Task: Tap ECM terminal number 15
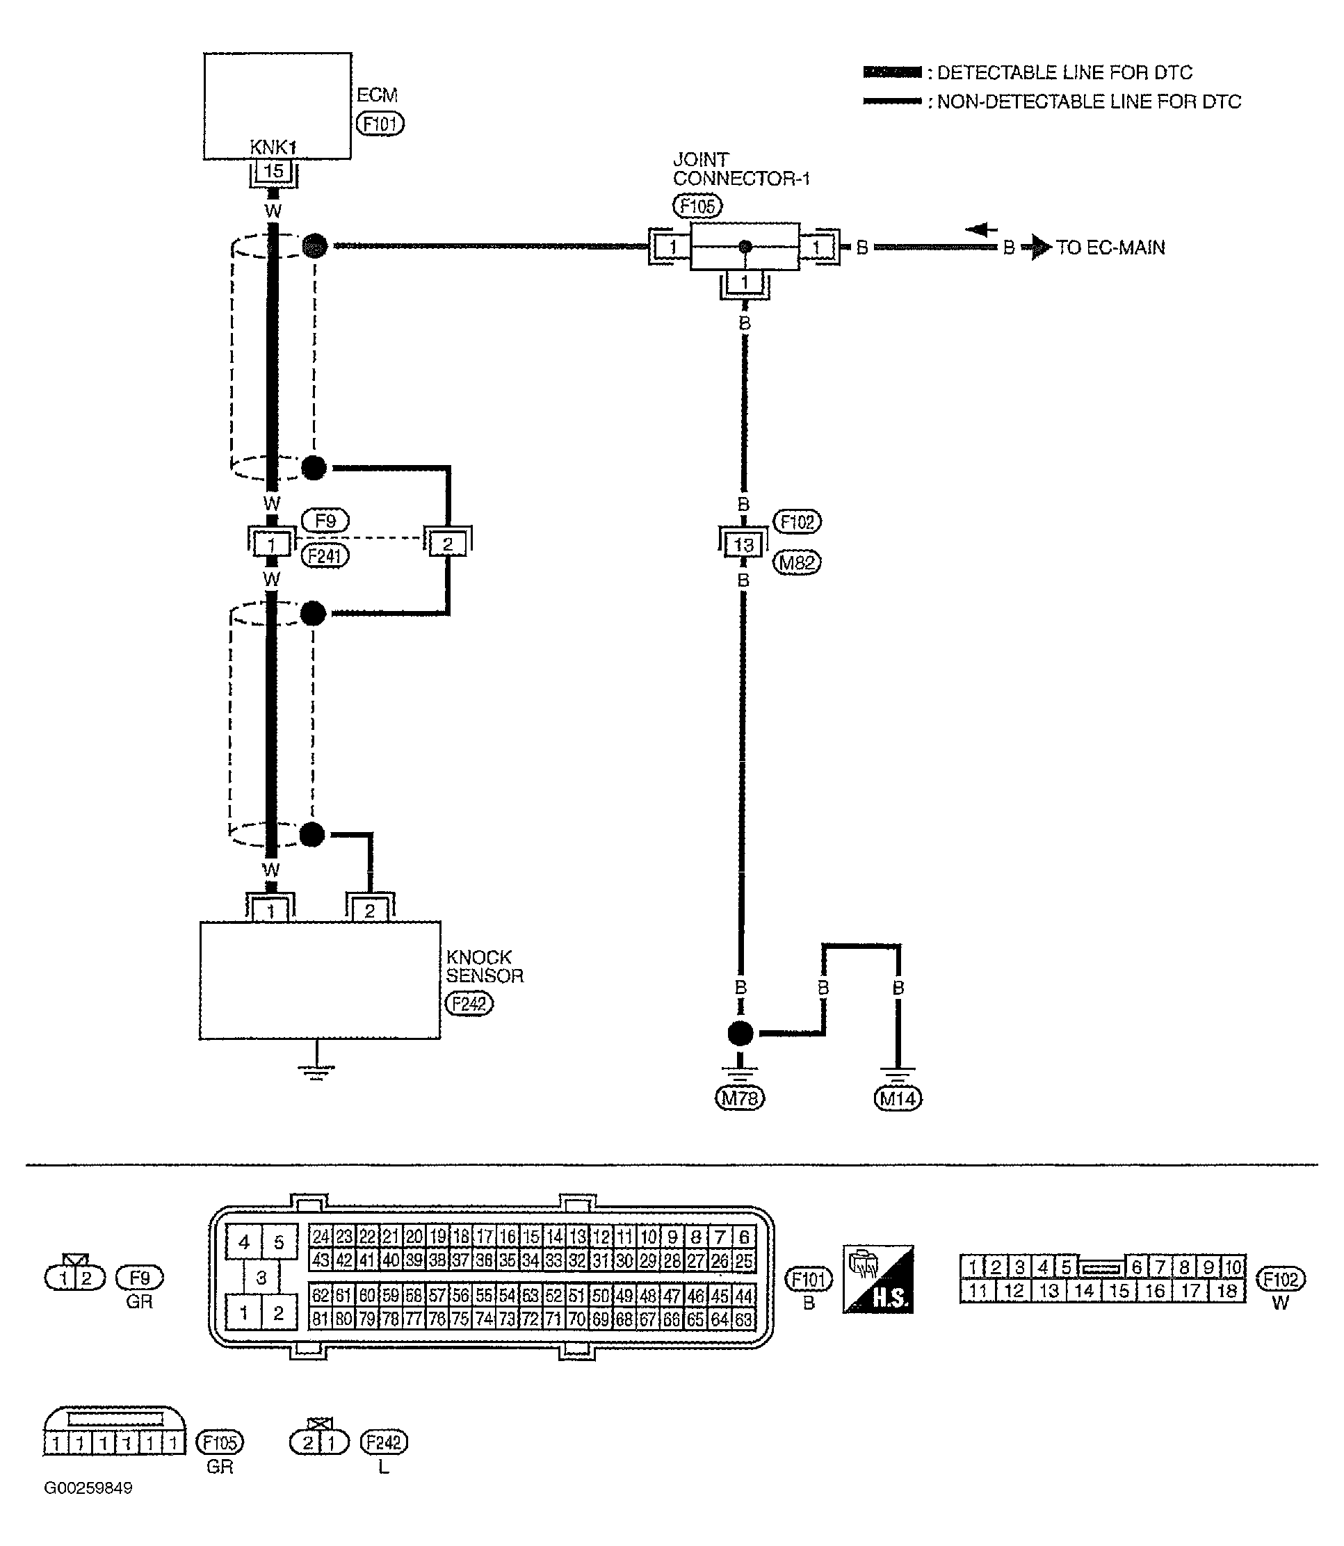click(x=273, y=171)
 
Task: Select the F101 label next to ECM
click(x=380, y=124)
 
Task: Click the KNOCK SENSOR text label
click(x=484, y=966)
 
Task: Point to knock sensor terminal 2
click(x=370, y=911)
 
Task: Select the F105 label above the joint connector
click(x=697, y=206)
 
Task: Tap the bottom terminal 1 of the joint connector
click(x=744, y=284)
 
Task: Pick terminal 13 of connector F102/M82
click(x=743, y=544)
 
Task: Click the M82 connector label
click(x=797, y=562)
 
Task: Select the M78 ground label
click(x=740, y=1098)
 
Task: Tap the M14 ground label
click(x=898, y=1099)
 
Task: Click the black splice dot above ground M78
click(x=740, y=1034)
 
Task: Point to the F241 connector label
click(x=325, y=555)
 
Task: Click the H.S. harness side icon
click(x=877, y=1279)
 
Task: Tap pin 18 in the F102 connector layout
click(x=1226, y=1290)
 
